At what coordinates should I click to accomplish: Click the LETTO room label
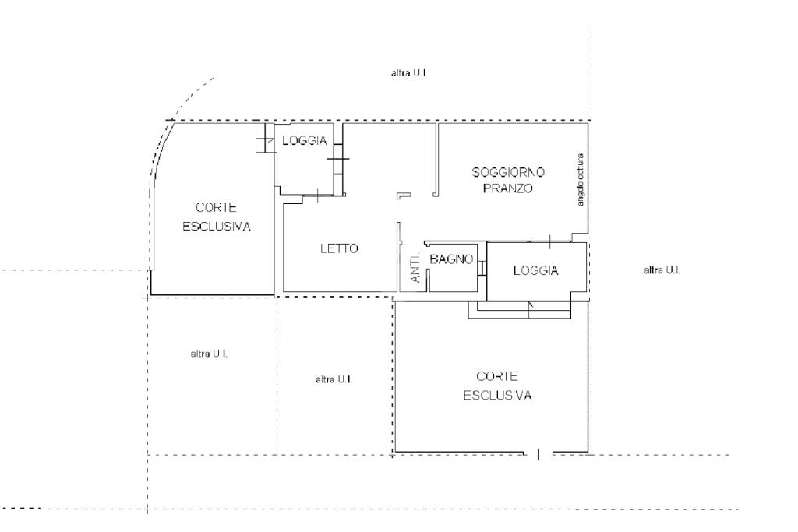point(339,249)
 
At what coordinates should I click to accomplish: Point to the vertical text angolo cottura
point(580,179)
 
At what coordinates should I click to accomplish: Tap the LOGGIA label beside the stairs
point(305,141)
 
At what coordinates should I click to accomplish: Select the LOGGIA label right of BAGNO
point(536,270)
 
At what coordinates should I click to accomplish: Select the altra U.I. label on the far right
point(663,270)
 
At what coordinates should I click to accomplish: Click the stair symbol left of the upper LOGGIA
point(265,138)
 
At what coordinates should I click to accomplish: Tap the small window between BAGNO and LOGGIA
point(483,267)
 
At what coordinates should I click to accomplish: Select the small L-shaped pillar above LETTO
point(402,195)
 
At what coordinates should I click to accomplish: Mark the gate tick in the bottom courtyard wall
point(538,453)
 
